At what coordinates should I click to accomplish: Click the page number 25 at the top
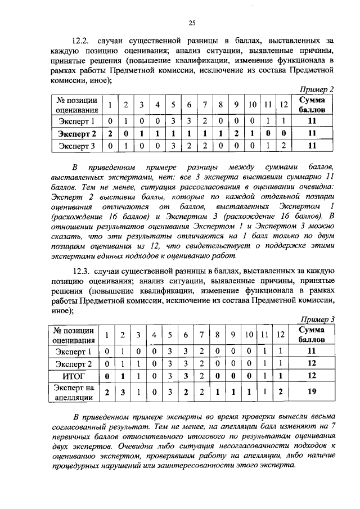click(x=191, y=22)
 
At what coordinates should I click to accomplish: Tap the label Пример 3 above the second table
click(x=317, y=319)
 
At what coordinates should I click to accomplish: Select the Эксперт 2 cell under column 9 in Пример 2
click(x=237, y=133)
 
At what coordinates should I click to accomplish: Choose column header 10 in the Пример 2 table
click(x=253, y=105)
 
